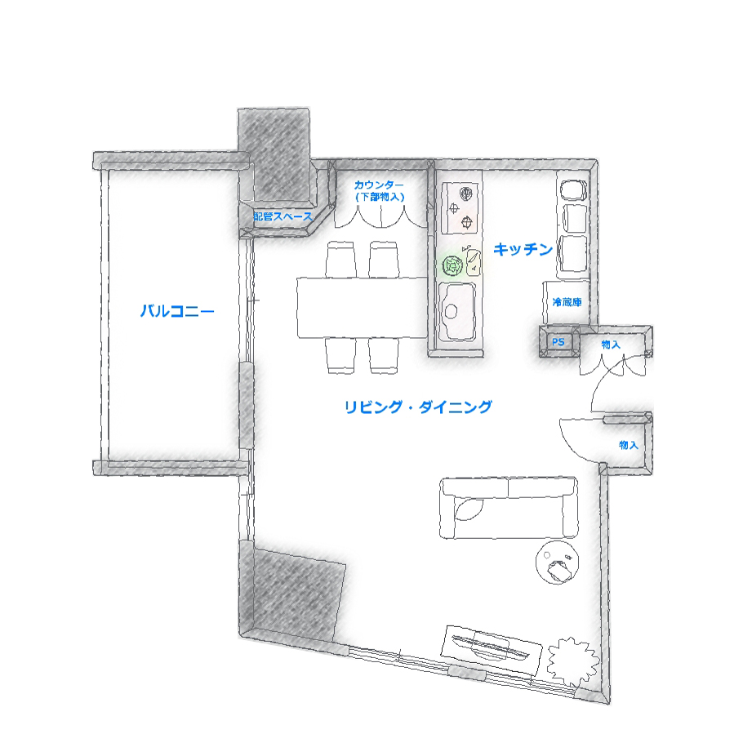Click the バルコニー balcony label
click(177, 311)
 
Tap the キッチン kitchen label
click(523, 249)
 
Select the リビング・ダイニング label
click(418, 407)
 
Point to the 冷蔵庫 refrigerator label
click(567, 302)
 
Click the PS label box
click(558, 341)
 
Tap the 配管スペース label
click(283, 216)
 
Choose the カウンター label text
click(379, 185)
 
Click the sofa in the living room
click(509, 508)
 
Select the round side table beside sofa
click(557, 562)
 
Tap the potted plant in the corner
click(572, 662)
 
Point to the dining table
click(362, 308)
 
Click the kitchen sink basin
click(457, 311)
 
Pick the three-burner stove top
click(460, 208)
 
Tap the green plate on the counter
click(452, 266)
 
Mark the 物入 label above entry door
click(611, 345)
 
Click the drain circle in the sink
click(451, 311)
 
